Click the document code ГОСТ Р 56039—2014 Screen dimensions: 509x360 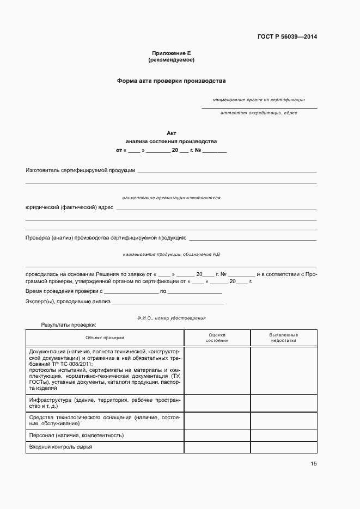point(286,37)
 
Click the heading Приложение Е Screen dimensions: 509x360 point(171,53)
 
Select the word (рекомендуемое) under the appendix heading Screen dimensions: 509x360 point(171,59)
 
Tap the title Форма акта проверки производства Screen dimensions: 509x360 point(171,81)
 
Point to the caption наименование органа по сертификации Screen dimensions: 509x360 point(259,100)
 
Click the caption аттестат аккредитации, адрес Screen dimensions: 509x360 point(259,113)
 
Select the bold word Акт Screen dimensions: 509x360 point(171,133)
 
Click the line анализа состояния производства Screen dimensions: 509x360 point(171,141)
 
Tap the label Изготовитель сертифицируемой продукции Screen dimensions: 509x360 point(81,170)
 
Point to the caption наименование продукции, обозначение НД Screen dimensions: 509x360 point(171,254)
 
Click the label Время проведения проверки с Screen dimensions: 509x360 point(64,292)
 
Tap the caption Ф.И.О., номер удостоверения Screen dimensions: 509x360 point(171,318)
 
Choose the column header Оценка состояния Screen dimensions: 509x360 point(217,338)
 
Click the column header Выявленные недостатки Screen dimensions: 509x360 point(283,338)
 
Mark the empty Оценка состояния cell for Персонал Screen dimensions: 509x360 point(217,436)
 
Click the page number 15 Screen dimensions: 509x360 point(313,464)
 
